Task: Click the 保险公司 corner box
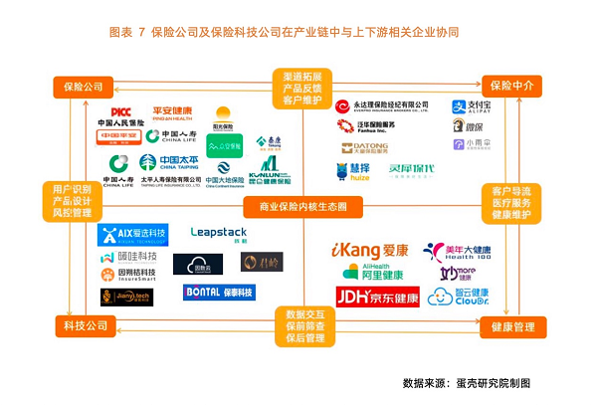pos(83,87)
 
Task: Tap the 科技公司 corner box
pos(83,325)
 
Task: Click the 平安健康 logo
pos(171,111)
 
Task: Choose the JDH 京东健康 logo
pos(376,296)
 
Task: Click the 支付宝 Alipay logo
pos(473,106)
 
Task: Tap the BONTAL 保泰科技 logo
pos(219,293)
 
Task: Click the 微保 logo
pos(468,125)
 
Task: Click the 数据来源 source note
pos(467,383)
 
